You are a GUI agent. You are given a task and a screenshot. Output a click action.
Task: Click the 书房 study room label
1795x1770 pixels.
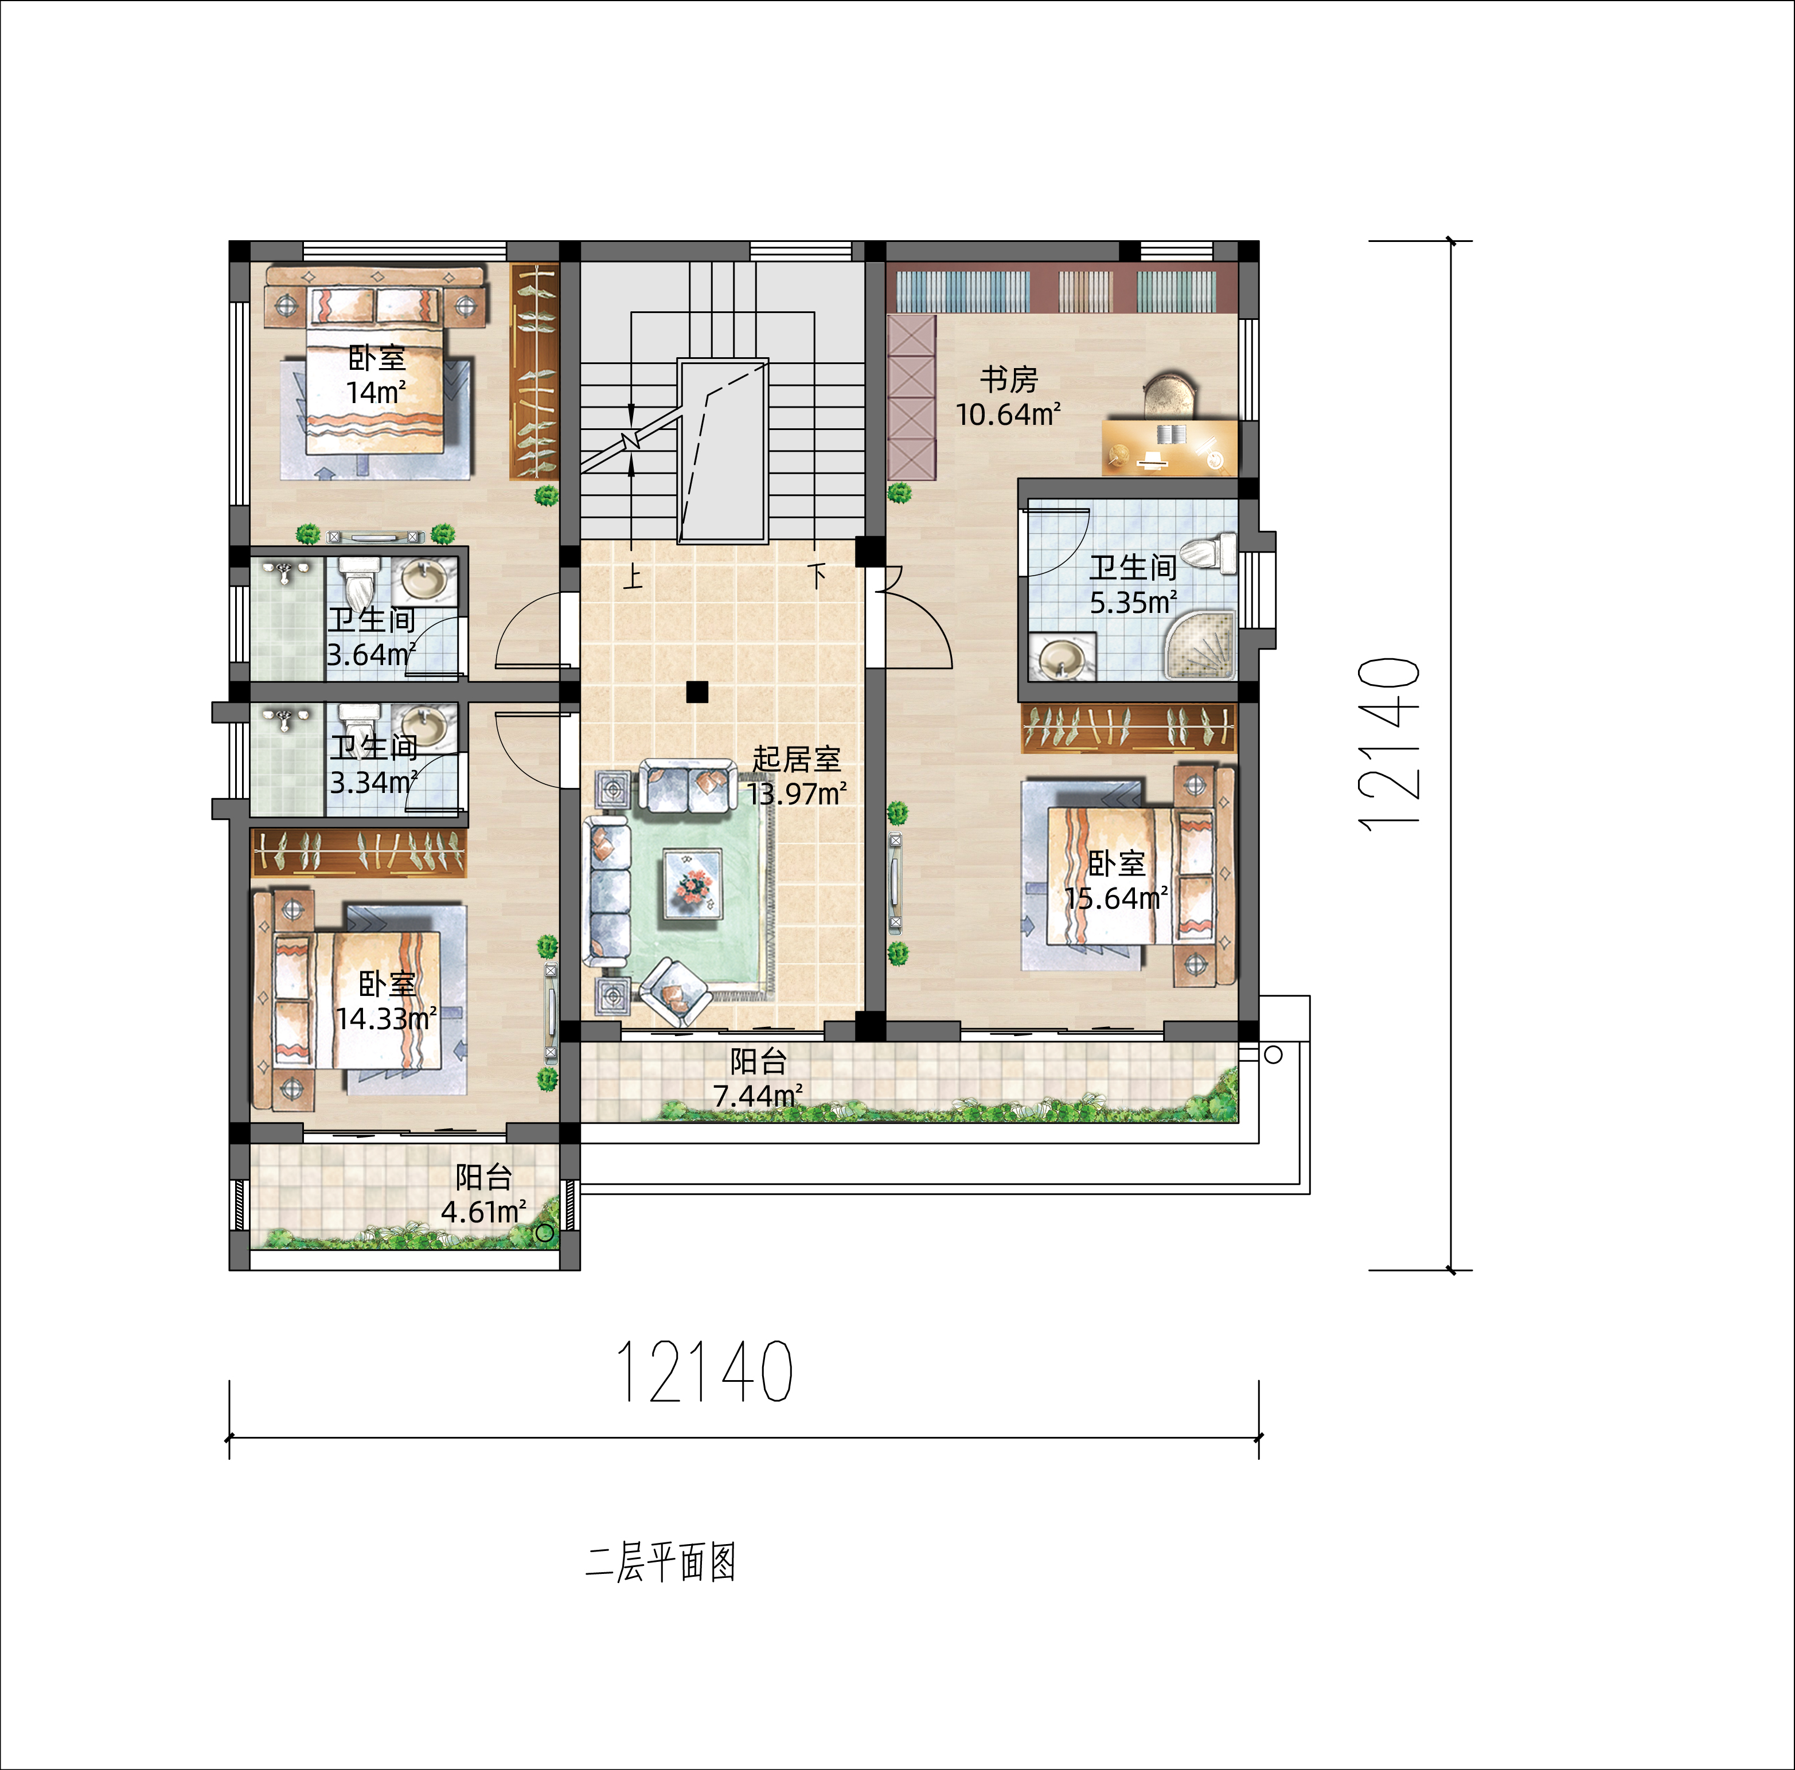pyautogui.click(x=1009, y=379)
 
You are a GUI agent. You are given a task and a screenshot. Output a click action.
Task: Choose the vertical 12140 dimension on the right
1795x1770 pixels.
pyautogui.click(x=1388, y=743)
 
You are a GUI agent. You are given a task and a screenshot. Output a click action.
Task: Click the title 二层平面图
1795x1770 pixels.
pyautogui.click(x=661, y=1562)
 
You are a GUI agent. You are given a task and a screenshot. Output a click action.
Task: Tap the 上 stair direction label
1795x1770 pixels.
pyautogui.click(x=633, y=576)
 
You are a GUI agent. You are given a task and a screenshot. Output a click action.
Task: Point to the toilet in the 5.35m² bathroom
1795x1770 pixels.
pyautogui.click(x=1209, y=554)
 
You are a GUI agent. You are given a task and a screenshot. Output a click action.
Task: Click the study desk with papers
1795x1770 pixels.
pyautogui.click(x=1170, y=447)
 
